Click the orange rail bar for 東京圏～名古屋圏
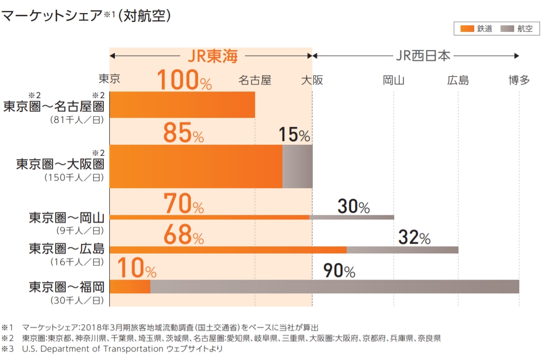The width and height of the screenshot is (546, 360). (x=182, y=105)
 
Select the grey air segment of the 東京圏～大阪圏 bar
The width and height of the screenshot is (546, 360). (x=297, y=166)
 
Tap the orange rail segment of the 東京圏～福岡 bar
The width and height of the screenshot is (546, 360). (x=130, y=287)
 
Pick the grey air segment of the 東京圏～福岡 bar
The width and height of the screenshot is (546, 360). (x=334, y=287)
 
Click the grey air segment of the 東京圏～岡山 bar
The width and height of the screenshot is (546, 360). (x=352, y=217)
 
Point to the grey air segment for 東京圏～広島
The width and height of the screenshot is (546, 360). (x=402, y=250)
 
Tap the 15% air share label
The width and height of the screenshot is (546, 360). (x=294, y=135)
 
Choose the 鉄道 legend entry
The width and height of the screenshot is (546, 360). (x=473, y=29)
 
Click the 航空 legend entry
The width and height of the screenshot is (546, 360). (x=517, y=29)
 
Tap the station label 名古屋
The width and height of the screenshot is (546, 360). (x=255, y=80)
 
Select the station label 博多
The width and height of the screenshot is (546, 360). (x=519, y=80)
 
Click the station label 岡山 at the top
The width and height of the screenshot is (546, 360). (x=394, y=80)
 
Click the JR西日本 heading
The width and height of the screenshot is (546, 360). (x=423, y=55)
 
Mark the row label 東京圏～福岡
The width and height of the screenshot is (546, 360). (x=66, y=288)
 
